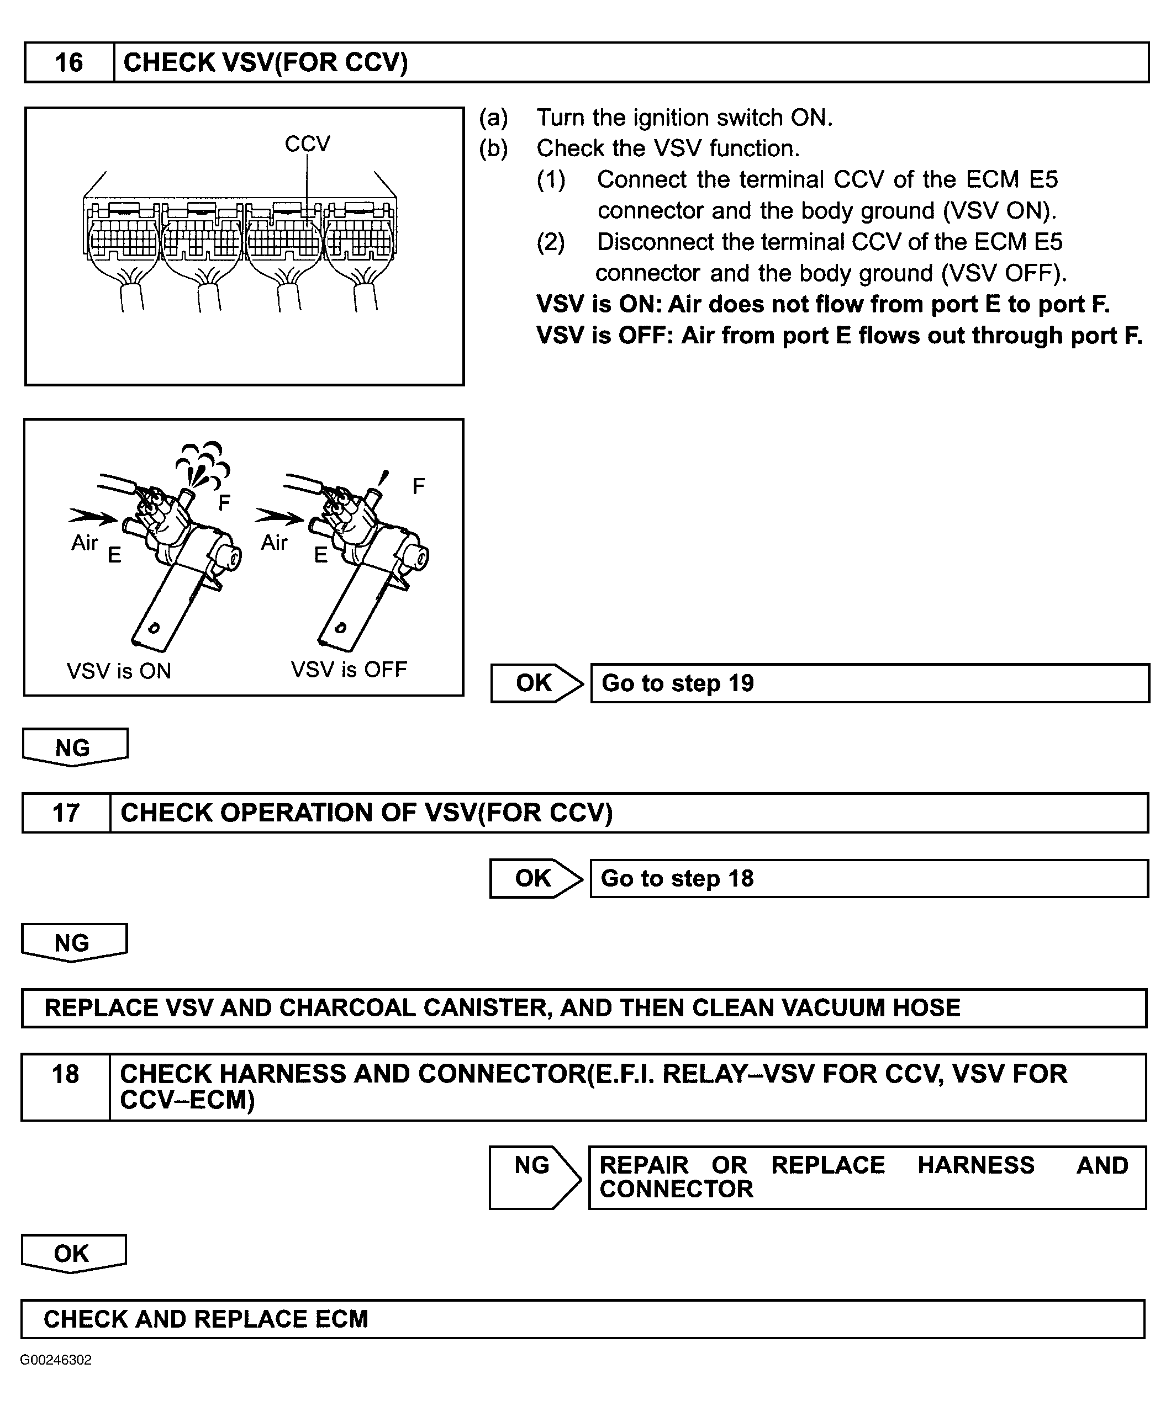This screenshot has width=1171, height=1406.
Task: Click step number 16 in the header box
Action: [68, 63]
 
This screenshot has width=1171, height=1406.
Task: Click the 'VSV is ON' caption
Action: [119, 671]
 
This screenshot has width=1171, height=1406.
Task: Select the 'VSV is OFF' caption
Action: [349, 670]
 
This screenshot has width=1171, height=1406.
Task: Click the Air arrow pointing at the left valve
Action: [92, 516]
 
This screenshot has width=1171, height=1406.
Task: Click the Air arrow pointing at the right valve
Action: [279, 516]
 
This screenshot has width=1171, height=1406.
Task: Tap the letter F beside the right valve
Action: [418, 486]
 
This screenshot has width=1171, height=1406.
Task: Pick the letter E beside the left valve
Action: [114, 555]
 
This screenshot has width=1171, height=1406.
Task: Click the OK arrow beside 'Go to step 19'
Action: [535, 683]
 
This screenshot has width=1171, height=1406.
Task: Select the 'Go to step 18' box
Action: [868, 878]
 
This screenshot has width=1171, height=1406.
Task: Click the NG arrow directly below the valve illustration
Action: [73, 747]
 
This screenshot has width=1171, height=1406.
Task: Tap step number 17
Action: [66, 813]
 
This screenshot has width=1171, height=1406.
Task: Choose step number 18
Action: [65, 1074]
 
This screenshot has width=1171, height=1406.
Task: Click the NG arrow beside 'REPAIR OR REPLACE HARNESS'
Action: [533, 1176]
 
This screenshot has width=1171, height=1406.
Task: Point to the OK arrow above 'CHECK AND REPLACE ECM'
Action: [72, 1253]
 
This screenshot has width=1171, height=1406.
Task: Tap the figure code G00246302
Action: [56, 1360]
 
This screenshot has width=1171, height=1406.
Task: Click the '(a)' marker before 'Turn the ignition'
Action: [493, 118]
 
